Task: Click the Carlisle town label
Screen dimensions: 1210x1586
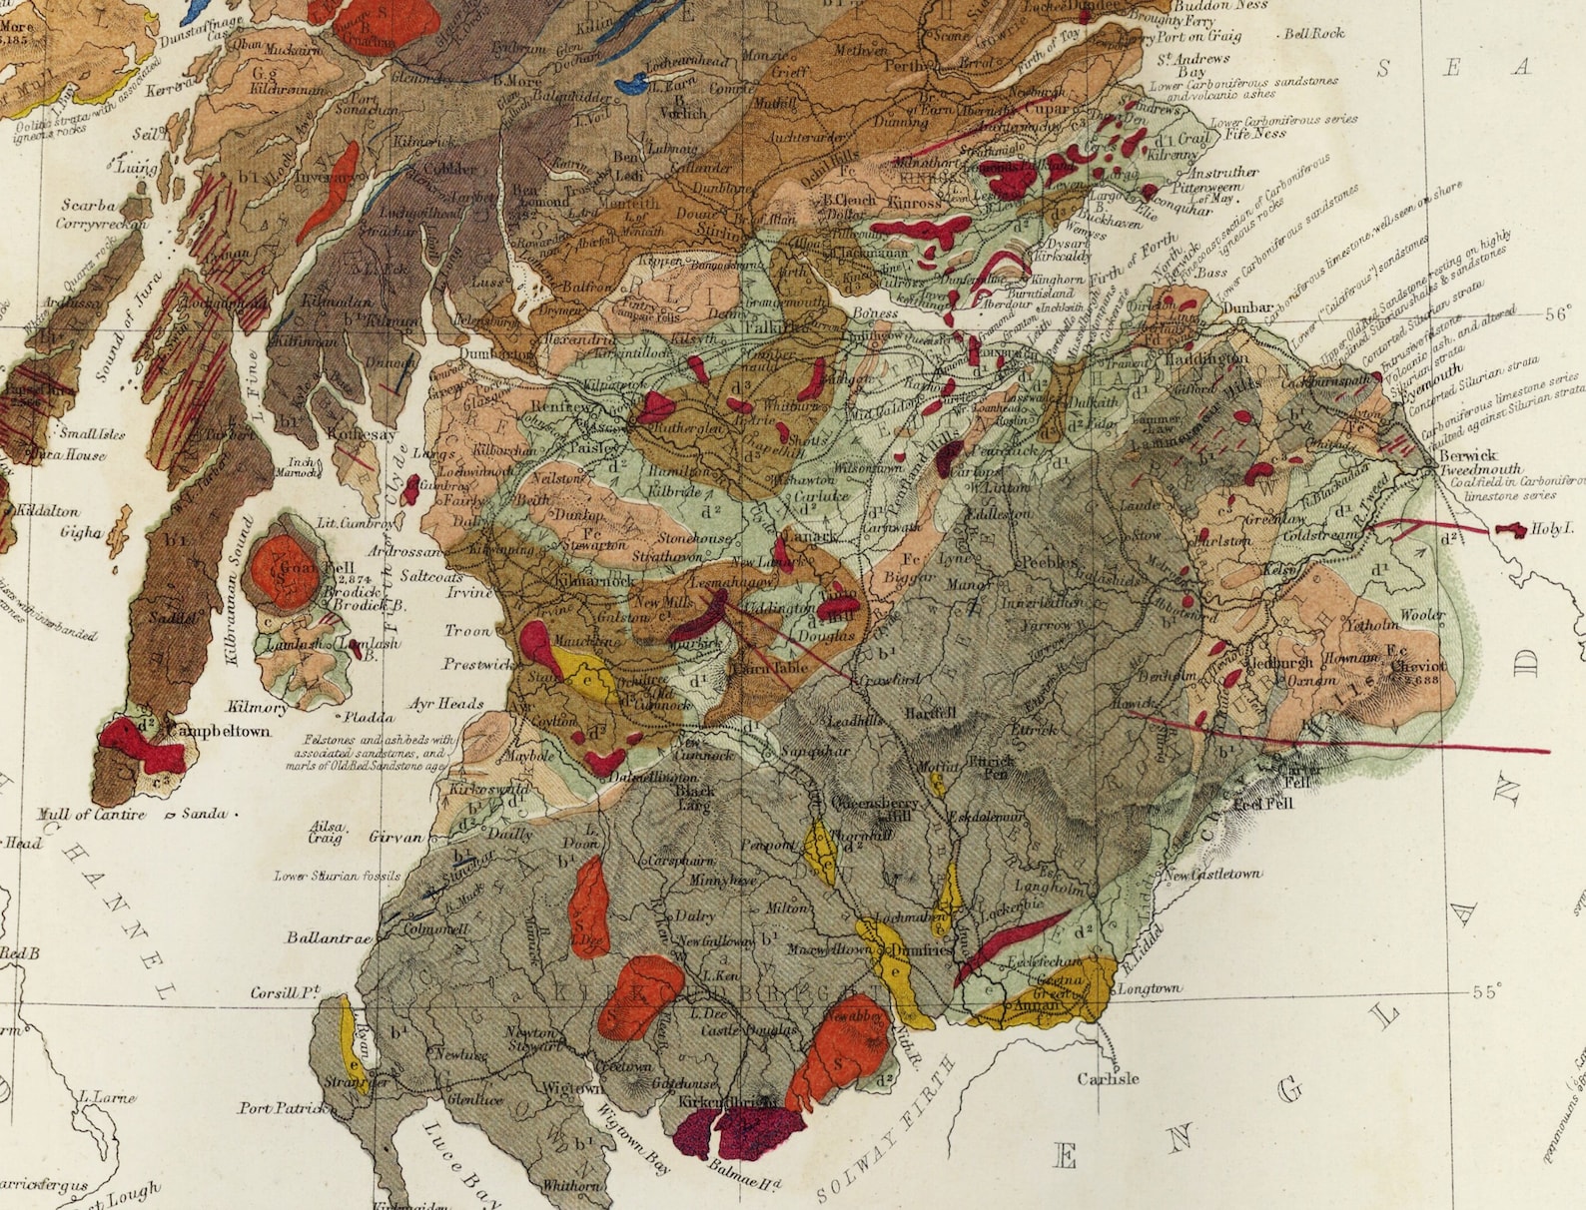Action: pyautogui.click(x=1108, y=1078)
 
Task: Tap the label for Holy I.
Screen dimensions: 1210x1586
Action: pyautogui.click(x=1552, y=528)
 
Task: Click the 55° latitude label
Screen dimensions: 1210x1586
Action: pyautogui.click(x=1487, y=991)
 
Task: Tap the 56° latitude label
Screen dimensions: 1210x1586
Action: pyautogui.click(x=1557, y=313)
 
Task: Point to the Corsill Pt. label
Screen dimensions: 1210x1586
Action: pyautogui.click(x=285, y=992)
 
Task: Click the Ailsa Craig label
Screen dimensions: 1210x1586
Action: pyautogui.click(x=327, y=833)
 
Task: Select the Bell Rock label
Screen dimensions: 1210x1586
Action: pyautogui.click(x=1314, y=34)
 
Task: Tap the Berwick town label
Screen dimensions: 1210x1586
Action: pyautogui.click(x=1467, y=455)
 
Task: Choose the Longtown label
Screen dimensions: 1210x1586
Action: pyautogui.click(x=1149, y=988)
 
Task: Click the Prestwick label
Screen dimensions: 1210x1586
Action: pyautogui.click(x=477, y=664)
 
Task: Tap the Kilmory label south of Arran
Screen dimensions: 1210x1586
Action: pyautogui.click(x=258, y=707)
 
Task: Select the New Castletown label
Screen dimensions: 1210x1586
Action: pyautogui.click(x=1212, y=874)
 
